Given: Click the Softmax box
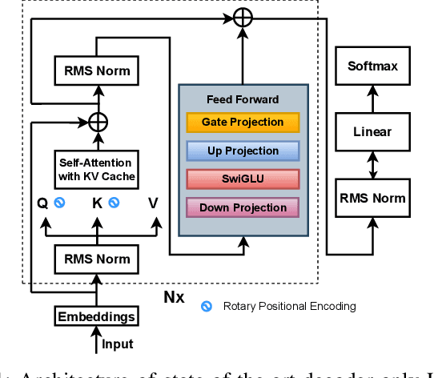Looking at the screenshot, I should pos(372,67).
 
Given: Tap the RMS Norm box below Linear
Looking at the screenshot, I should pos(372,197).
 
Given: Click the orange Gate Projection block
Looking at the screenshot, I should pos(242,122).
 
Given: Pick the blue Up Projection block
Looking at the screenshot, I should pos(242,151).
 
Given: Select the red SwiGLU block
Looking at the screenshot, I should pos(242,179).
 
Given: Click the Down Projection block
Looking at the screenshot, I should pos(242,207).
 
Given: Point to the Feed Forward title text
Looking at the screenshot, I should pos(242,99).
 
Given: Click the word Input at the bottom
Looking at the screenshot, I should pos(118,344).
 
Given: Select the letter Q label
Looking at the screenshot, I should pos(44,203).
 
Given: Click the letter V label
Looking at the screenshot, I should pos(152,203).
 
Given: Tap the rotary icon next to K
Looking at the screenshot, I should pos(114,203).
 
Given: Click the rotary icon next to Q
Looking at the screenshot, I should pos(59,203).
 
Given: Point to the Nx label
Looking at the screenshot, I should pos(174,298).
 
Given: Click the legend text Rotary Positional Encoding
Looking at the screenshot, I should pos(289,305).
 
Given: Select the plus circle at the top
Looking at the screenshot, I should pos(242,18).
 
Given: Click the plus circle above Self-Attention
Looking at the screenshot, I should pos(98,123).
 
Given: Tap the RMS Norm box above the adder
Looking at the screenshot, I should pos(92,71).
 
